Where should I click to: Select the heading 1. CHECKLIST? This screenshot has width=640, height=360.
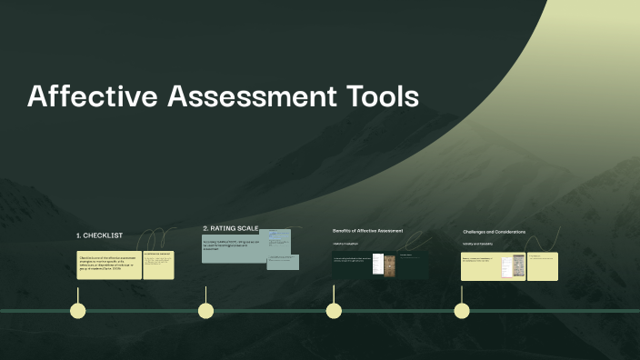(x=99, y=235)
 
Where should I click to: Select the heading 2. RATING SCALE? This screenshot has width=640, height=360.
(x=230, y=227)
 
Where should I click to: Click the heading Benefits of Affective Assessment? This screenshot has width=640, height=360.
(x=367, y=231)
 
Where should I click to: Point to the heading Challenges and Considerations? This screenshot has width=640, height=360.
(x=494, y=232)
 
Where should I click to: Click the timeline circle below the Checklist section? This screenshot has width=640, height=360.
(x=78, y=311)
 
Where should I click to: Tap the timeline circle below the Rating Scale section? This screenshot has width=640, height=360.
(x=206, y=311)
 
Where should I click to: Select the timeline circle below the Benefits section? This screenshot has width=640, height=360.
(x=334, y=311)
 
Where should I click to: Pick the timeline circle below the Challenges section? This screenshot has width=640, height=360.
(x=462, y=311)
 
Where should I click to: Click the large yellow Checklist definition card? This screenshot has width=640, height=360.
(x=109, y=265)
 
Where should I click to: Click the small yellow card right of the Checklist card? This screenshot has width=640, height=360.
(x=158, y=265)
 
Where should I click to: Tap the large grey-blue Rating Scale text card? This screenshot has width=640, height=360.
(x=233, y=249)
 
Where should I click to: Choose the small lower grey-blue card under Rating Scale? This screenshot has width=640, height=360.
(x=283, y=262)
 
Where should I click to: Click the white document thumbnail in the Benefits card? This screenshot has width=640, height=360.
(x=377, y=264)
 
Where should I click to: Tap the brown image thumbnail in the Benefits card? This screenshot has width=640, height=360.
(x=390, y=264)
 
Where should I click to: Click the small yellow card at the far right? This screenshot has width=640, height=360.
(x=543, y=266)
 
